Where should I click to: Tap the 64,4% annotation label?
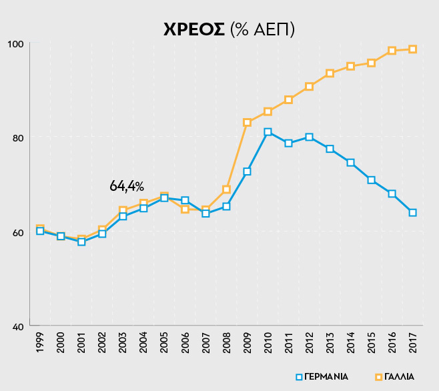(x=127, y=186)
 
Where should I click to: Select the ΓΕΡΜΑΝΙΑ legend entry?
(x=322, y=376)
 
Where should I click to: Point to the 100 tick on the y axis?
(x=16, y=44)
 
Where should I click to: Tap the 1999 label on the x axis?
(x=40, y=342)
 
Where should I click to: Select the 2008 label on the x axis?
(x=226, y=342)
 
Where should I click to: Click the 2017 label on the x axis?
(x=412, y=342)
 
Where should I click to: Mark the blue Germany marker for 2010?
(x=268, y=132)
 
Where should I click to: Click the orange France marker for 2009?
(x=247, y=123)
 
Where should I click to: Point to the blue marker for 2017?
(x=412, y=213)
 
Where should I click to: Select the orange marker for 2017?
(x=412, y=49)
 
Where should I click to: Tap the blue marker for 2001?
(x=81, y=242)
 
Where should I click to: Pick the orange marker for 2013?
(x=330, y=73)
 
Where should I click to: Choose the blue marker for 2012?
(x=309, y=137)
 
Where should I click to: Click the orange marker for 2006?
(x=185, y=210)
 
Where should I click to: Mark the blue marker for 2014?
(x=350, y=163)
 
